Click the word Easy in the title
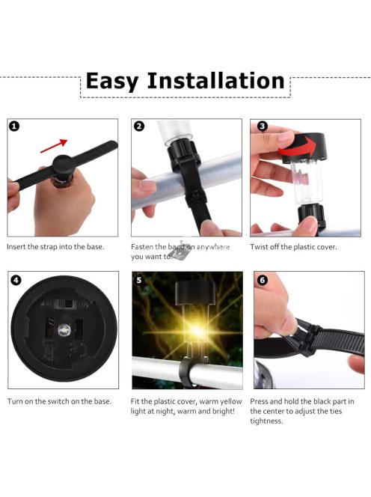pyautogui.click(x=112, y=82)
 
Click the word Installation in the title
pyautogui.click(x=215, y=80)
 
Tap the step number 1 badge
pyautogui.click(x=14, y=126)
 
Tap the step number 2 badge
pyautogui.click(x=139, y=126)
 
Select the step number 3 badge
pyautogui.click(x=262, y=126)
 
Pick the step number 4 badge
pyautogui.click(x=16, y=280)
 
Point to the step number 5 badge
pyautogui.click(x=139, y=280)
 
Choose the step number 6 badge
pyautogui.click(x=262, y=280)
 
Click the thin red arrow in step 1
pyautogui.click(x=54, y=146)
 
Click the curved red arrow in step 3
pyautogui.click(x=298, y=147)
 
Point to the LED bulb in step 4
pyautogui.click(x=64, y=330)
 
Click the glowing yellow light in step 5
pyautogui.click(x=197, y=331)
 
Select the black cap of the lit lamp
pyautogui.click(x=195, y=293)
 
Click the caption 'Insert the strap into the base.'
pyautogui.click(x=55, y=246)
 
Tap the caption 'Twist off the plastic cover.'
pyautogui.click(x=293, y=246)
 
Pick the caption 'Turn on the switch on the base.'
pyautogui.click(x=59, y=401)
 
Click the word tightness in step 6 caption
pyautogui.click(x=266, y=421)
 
